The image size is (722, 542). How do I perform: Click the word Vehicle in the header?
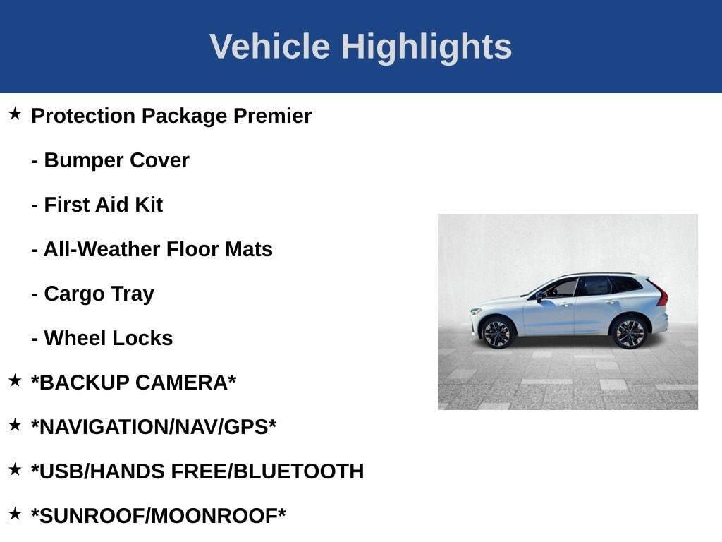point(269,47)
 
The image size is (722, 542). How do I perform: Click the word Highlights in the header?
point(427,47)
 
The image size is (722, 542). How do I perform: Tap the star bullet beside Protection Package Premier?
point(15,114)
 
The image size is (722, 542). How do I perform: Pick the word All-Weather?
point(102,249)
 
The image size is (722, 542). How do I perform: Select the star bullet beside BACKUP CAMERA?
point(15,380)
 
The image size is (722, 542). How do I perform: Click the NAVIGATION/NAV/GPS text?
point(154,427)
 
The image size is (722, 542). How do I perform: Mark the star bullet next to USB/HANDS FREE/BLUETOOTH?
point(15,469)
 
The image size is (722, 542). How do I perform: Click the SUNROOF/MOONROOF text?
point(159,516)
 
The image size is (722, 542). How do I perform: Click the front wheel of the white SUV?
point(497,332)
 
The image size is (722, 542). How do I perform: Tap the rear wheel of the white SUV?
point(629,332)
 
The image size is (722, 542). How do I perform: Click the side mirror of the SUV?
point(540,295)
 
